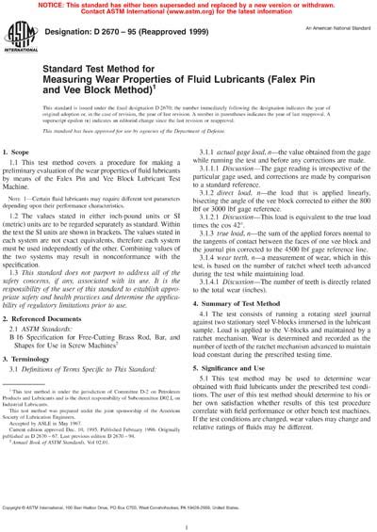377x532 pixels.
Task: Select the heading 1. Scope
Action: coord(27,152)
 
